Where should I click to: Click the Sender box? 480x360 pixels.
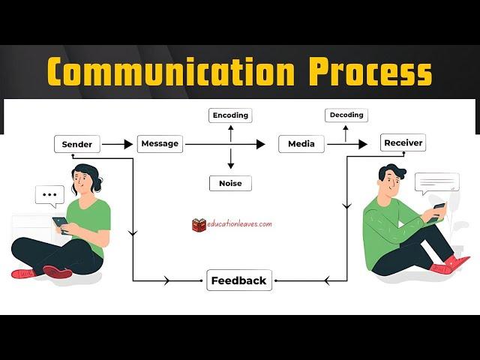pos(77,144)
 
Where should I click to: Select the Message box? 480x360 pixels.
pos(160,143)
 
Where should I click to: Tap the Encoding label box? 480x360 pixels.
pos(230,115)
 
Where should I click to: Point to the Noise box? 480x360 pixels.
pos(230,183)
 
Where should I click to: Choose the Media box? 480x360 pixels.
pos(301,143)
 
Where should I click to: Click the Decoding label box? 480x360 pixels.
pos(346,115)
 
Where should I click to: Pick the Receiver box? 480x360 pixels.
pos(403,142)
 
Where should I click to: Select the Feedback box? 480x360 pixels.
pos(239,280)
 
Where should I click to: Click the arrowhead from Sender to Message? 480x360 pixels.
pos(128,144)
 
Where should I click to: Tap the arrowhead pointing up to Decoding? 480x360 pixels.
pos(346,128)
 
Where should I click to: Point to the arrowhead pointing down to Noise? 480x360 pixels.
pos(231,166)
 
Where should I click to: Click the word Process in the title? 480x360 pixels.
pos(370,72)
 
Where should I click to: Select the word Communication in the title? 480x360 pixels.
pos(171,71)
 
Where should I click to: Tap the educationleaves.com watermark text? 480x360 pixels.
pos(239,223)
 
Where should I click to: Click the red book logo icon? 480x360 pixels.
pos(199,225)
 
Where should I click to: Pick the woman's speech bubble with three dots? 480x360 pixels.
pos(49,195)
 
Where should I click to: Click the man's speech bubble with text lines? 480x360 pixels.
pos(437,183)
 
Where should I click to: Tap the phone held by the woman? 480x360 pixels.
pos(61,224)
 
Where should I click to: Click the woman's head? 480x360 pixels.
pos(85,178)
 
